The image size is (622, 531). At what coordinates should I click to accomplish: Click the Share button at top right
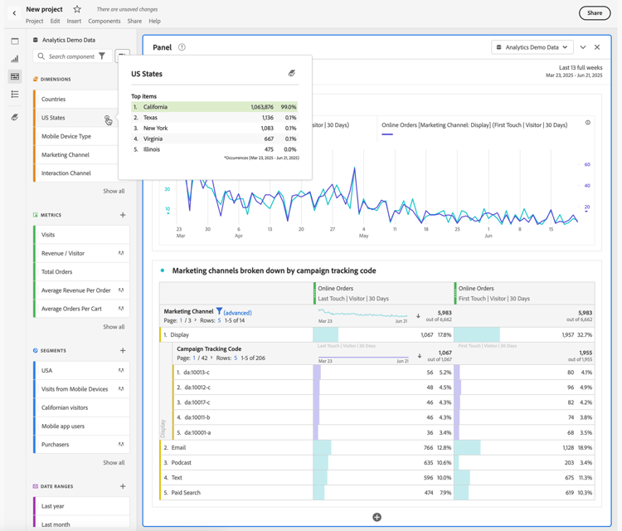coord(594,12)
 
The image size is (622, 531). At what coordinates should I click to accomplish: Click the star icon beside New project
coord(77,9)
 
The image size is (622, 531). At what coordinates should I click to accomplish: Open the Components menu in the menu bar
coord(104,22)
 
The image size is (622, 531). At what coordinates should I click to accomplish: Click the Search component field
coord(71,56)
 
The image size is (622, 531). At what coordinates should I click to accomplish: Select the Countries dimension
coord(54,100)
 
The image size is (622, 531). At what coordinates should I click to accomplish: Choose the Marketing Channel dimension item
coord(66,155)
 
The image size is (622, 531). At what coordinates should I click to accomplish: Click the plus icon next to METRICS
coord(123,215)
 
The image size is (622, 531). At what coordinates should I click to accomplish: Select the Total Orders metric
coord(57,272)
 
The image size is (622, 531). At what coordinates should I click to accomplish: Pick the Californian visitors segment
coord(65,408)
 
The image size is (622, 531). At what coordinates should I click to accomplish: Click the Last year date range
coord(53,506)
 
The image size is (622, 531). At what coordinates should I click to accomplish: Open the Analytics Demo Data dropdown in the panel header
coord(532,47)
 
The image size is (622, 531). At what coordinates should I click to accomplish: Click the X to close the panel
coord(597,47)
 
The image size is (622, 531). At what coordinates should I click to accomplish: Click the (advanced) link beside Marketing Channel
coord(237,313)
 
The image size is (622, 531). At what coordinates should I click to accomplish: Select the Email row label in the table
coord(178,448)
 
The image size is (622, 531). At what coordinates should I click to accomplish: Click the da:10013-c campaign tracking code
coord(197,373)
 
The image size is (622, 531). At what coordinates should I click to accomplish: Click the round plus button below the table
coord(377,517)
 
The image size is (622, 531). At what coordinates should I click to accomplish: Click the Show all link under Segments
coord(114,463)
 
